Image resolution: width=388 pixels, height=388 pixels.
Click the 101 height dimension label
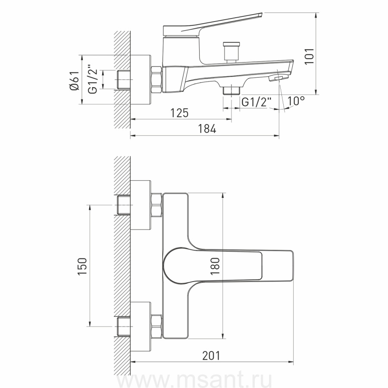[309, 56]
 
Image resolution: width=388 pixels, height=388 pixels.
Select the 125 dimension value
[180, 113]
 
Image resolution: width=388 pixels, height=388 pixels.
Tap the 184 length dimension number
[207, 129]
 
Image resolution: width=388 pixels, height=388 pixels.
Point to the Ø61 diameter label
[74, 81]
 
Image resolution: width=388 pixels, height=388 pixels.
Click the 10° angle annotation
[296, 101]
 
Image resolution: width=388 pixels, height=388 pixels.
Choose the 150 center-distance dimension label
[82, 266]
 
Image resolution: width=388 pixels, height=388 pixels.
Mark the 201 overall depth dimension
[211, 356]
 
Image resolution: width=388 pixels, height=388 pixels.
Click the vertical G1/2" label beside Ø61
[93, 79]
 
